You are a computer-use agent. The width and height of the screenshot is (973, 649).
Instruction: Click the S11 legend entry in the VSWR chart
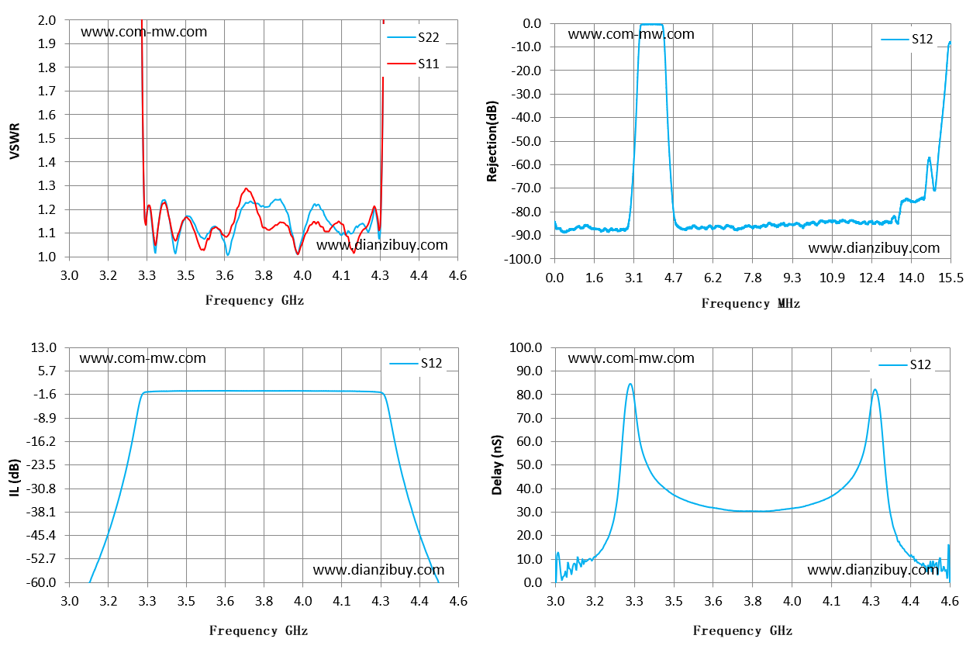pyautogui.click(x=413, y=64)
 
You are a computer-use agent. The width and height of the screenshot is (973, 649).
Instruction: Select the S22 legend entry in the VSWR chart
pyautogui.click(x=413, y=37)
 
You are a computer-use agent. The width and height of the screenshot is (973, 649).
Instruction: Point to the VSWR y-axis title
pyautogui.click(x=15, y=141)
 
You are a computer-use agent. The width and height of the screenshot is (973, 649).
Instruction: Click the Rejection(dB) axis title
pyautogui.click(x=492, y=141)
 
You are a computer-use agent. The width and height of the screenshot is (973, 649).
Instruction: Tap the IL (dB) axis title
pyautogui.click(x=15, y=478)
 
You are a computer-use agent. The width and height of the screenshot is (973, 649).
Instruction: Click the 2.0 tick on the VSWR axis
pyautogui.click(x=47, y=20)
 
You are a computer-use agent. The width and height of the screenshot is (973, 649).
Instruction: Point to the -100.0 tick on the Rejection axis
pyautogui.click(x=523, y=259)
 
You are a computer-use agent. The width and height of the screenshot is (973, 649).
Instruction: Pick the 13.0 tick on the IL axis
pyautogui.click(x=44, y=347)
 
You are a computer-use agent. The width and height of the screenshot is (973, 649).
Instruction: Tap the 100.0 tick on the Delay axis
pyautogui.click(x=526, y=347)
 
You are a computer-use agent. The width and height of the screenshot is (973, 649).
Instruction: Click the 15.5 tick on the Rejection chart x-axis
pyautogui.click(x=951, y=278)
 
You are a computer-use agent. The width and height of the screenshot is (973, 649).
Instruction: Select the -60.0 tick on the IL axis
pyautogui.click(x=41, y=582)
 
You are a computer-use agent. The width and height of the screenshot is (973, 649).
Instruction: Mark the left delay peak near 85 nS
pyautogui.click(x=630, y=384)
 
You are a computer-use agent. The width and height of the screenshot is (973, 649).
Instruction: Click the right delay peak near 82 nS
pyautogui.click(x=875, y=390)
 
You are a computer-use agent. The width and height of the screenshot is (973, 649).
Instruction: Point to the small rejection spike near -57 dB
pyautogui.click(x=929, y=157)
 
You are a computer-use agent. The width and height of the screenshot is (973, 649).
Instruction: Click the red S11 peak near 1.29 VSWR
pyautogui.click(x=247, y=188)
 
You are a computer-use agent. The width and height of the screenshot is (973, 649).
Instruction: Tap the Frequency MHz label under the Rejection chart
pyautogui.click(x=750, y=303)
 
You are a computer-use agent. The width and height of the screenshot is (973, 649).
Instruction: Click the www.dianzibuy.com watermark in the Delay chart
pyautogui.click(x=873, y=569)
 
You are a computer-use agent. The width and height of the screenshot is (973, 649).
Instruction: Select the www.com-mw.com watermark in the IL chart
pyautogui.click(x=143, y=358)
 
